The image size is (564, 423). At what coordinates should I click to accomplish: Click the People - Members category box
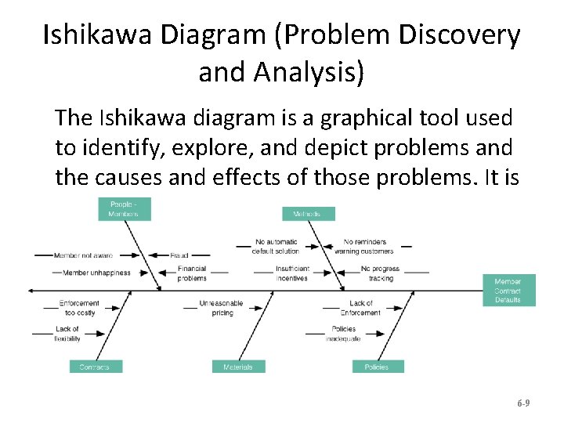click(125, 209)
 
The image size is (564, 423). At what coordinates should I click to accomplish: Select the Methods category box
click(308, 213)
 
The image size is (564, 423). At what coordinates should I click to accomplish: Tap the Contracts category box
click(95, 367)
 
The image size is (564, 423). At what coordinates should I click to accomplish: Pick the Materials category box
click(238, 367)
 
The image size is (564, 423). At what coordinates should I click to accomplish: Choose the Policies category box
click(376, 367)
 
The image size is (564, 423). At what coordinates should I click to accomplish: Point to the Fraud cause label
click(179, 255)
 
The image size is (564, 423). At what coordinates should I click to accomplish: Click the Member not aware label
click(83, 255)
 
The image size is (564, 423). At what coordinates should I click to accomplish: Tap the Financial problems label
click(192, 273)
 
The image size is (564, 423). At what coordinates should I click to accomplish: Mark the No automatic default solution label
click(277, 247)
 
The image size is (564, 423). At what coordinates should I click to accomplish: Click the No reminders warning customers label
click(364, 247)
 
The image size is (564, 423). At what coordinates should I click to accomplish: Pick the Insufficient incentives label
click(292, 273)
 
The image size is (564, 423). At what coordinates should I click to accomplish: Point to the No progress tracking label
click(380, 273)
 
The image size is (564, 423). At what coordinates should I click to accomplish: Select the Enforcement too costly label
click(79, 308)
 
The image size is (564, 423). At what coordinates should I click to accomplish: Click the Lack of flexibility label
click(67, 334)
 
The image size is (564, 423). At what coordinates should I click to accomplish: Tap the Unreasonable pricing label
click(222, 308)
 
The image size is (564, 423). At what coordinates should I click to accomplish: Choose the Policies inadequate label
click(344, 334)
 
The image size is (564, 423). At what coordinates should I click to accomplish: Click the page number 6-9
click(523, 403)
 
